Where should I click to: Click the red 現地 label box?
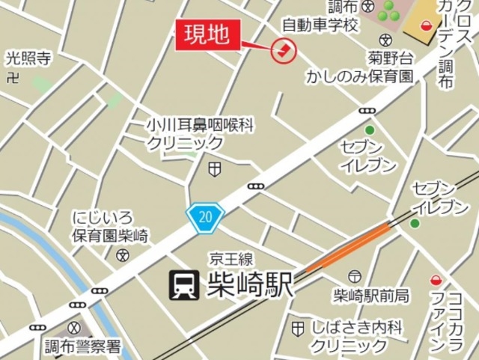[209, 35]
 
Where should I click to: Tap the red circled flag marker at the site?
[284, 50]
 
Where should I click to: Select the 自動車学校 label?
[321, 25]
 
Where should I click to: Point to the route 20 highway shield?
[204, 217]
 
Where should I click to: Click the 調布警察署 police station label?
[82, 346]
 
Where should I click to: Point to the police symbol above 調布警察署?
[74, 328]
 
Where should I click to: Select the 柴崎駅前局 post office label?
[371, 294]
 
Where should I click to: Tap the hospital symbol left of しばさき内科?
[299, 327]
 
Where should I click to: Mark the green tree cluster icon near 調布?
[388, 11]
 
